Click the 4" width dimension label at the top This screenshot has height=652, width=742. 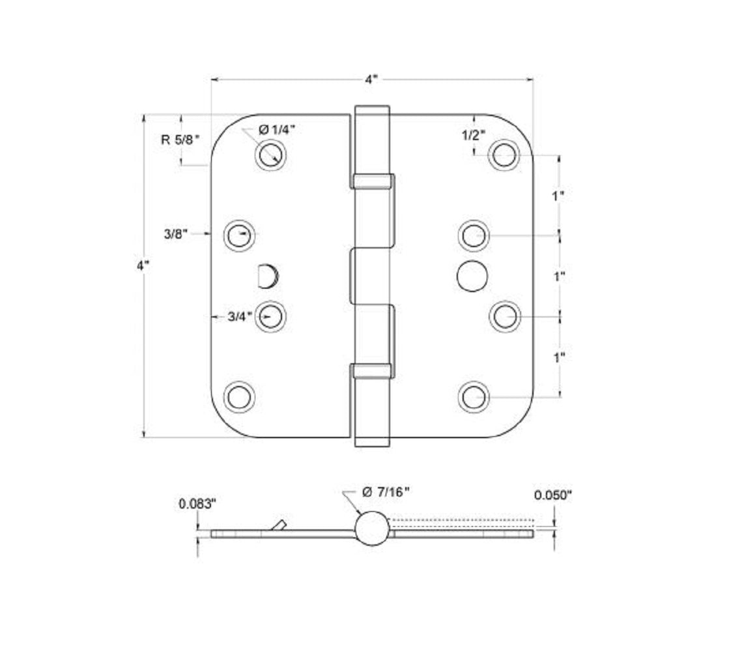point(371,80)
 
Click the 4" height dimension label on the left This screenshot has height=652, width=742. point(143,266)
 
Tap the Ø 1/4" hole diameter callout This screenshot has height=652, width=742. point(276,130)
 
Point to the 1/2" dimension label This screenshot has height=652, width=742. point(474,136)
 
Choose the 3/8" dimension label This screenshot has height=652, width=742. point(176,233)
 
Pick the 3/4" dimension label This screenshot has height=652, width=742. point(240,318)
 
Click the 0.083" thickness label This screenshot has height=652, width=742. point(197,503)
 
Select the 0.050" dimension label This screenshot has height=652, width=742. point(552,496)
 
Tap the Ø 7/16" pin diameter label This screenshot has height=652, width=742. point(385,492)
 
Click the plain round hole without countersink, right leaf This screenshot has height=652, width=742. point(472,276)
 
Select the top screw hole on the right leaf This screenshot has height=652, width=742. point(504,155)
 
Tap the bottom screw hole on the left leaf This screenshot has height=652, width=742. point(239,397)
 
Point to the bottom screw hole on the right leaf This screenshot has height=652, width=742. point(473,397)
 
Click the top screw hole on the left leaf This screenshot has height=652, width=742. point(270,155)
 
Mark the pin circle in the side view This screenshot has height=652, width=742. point(372,528)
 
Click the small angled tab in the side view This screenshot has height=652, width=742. point(279,525)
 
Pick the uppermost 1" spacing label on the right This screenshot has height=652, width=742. point(558,196)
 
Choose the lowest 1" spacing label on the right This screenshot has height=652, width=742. point(558,357)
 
